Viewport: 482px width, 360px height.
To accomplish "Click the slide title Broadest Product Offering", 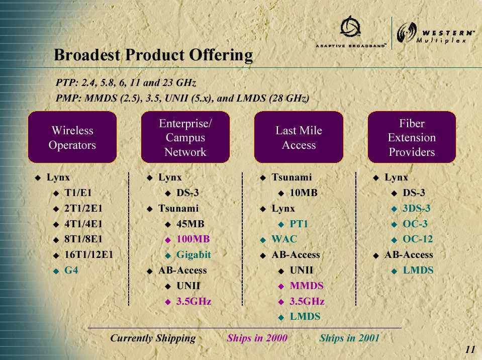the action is pos(153,55).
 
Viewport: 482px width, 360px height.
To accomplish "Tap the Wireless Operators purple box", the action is pos(72,137).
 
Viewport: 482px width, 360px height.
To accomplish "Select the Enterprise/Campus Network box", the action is pos(185,137).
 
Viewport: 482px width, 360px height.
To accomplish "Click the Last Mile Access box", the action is pos(299,137).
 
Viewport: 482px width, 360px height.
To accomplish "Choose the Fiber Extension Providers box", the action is pos(412,137).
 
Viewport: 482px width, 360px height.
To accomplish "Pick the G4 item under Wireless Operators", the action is pos(71,270).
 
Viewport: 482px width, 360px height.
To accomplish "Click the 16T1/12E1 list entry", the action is pos(88,254).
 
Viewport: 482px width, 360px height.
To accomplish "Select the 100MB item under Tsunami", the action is pos(193,239).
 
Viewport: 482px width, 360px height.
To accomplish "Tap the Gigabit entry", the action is pos(194,254).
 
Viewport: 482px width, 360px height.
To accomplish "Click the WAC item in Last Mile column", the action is pos(284,239).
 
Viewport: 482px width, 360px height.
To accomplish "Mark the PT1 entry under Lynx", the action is pos(299,224).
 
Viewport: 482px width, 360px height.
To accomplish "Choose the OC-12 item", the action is pos(418,239).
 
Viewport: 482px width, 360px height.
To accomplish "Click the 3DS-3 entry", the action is pos(417,208).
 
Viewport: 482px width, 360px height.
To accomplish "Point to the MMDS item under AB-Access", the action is pos(307,286).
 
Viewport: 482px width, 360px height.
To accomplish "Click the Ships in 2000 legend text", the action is pos(257,338).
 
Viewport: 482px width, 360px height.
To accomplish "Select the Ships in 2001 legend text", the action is pos(349,338).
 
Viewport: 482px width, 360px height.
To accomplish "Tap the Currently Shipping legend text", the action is pos(153,338).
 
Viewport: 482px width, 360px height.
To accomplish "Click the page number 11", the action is pos(470,349).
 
